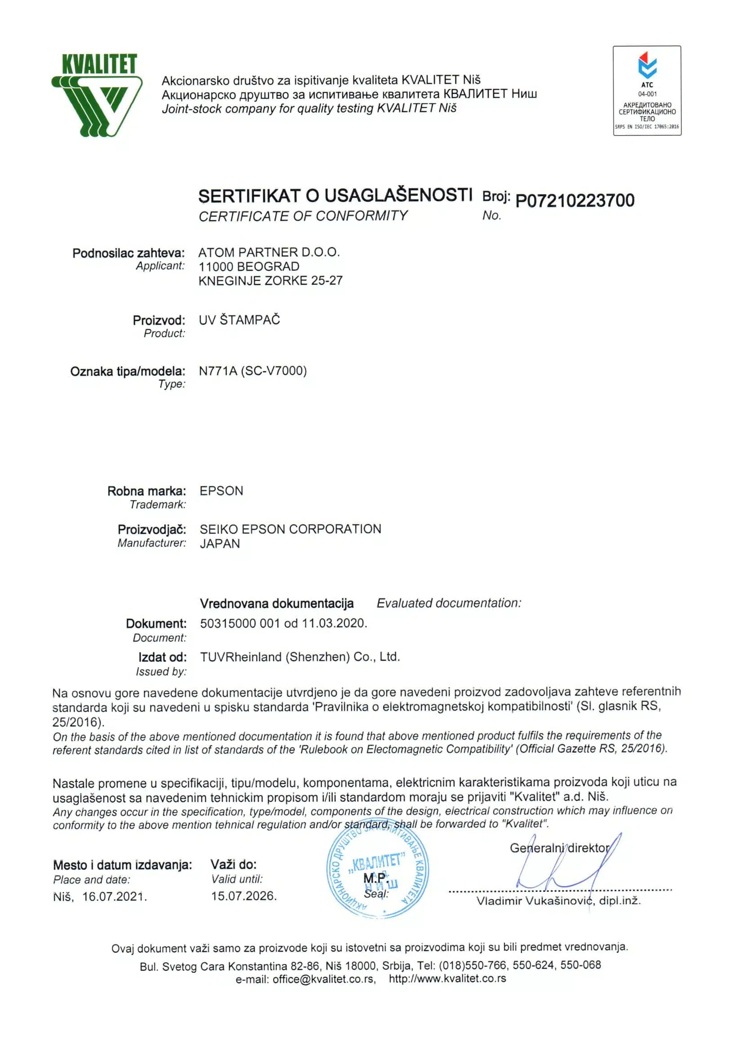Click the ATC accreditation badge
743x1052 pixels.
[x=646, y=90]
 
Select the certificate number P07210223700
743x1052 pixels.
[x=575, y=201]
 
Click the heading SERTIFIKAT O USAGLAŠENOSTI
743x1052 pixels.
[x=335, y=196]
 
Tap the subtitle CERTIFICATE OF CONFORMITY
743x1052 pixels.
[x=303, y=216]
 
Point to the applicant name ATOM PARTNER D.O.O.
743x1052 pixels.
[x=269, y=252]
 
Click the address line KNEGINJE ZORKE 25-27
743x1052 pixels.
[x=270, y=281]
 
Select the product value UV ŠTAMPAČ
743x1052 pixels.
[x=239, y=320]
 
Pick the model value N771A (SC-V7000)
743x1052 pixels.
[x=252, y=371]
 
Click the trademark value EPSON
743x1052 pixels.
[x=221, y=491]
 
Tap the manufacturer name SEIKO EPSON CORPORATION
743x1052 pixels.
[x=290, y=529]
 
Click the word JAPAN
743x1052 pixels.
[x=220, y=544]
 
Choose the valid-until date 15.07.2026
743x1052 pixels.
[x=243, y=896]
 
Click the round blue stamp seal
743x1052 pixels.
[x=377, y=876]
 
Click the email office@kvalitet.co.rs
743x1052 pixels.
[x=324, y=979]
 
